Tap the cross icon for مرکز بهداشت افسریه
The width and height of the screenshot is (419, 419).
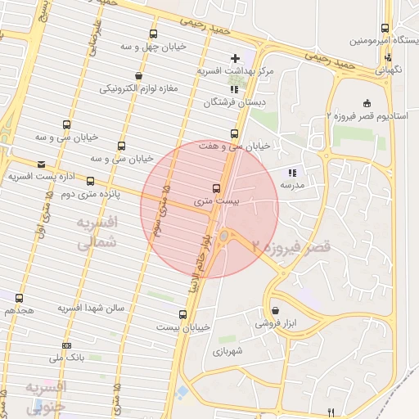click(236, 58)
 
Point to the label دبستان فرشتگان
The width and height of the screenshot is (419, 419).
click(234, 103)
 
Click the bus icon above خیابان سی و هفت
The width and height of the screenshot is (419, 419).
click(234, 133)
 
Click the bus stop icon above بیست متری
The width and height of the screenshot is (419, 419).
click(215, 187)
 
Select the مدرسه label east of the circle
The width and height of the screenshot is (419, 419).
click(292, 186)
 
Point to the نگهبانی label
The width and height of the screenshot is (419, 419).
click(390, 71)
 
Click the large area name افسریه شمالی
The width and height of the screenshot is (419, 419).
click(97, 232)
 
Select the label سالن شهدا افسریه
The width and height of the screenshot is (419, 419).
click(90, 308)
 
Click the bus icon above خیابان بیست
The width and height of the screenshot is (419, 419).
click(182, 313)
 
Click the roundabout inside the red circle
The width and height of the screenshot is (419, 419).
click(223, 237)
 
